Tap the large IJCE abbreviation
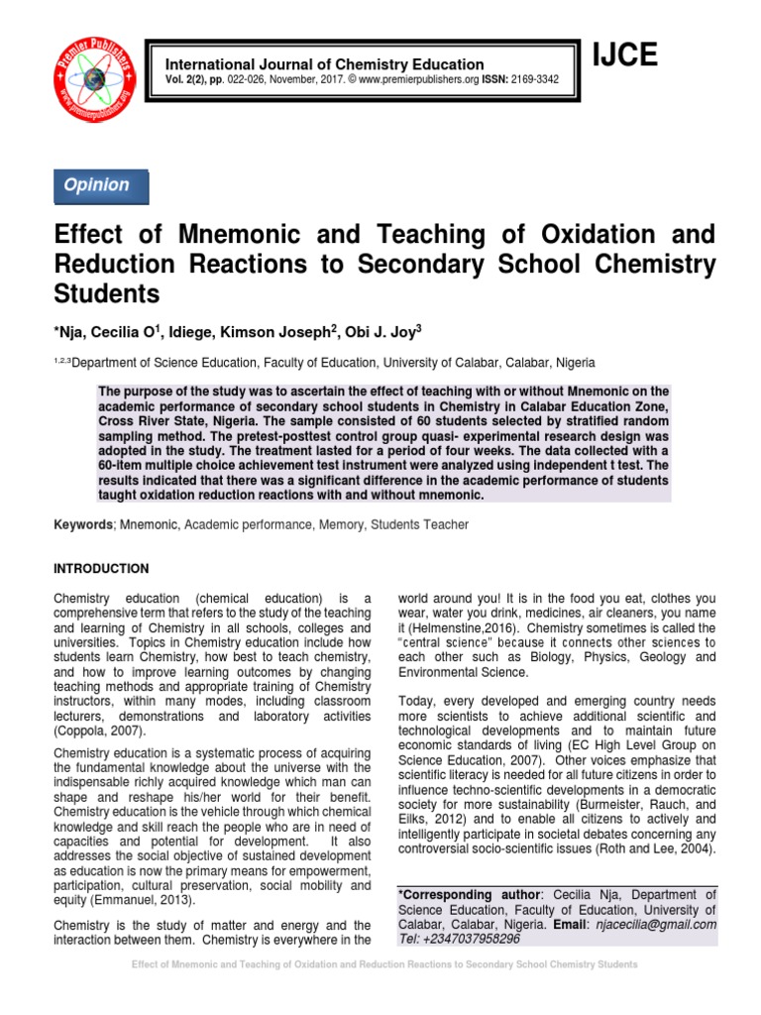click(x=624, y=57)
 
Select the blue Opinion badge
click(x=97, y=185)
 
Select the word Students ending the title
click(x=107, y=295)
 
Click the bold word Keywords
click(x=82, y=524)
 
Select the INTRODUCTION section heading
click(x=100, y=569)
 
